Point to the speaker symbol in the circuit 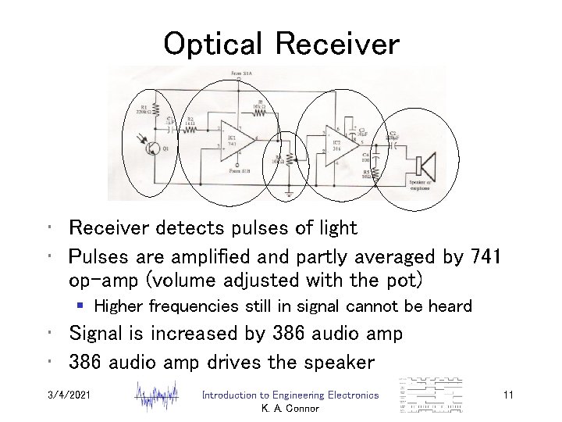(426, 166)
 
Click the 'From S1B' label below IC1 (240, 170)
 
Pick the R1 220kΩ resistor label (143, 109)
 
